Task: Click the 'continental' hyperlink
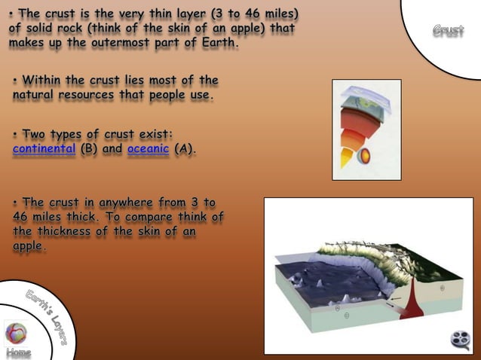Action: coord(44,149)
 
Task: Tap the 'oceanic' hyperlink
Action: coord(148,149)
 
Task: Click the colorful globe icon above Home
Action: coord(16,332)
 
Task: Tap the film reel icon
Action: coord(460,340)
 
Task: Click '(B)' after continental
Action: coord(89,149)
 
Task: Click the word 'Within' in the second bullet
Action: coord(46,81)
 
